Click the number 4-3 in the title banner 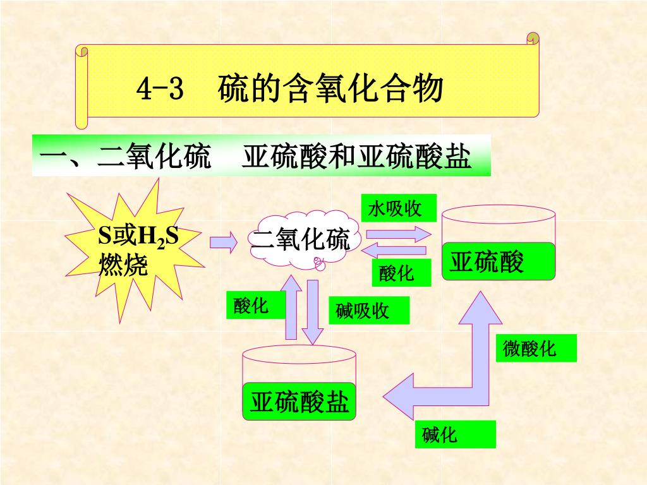coord(160,90)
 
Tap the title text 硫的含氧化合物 coord(330,89)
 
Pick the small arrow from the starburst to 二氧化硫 coord(223,241)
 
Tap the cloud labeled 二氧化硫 coord(301,241)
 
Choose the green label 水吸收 coord(399,208)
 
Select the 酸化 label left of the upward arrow coord(251,306)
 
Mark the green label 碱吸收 coord(368,311)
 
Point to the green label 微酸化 coord(536,349)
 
